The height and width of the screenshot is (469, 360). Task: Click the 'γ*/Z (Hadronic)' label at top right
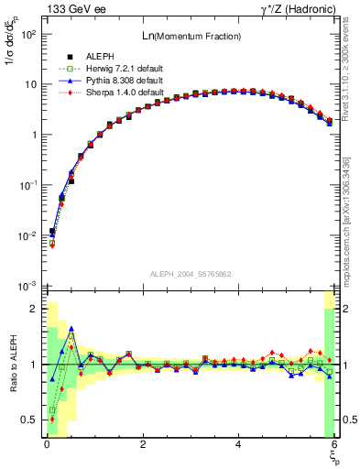click(x=292, y=9)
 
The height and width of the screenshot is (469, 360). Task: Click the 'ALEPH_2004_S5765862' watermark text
click(x=191, y=274)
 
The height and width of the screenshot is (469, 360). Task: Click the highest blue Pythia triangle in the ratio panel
click(x=71, y=328)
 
